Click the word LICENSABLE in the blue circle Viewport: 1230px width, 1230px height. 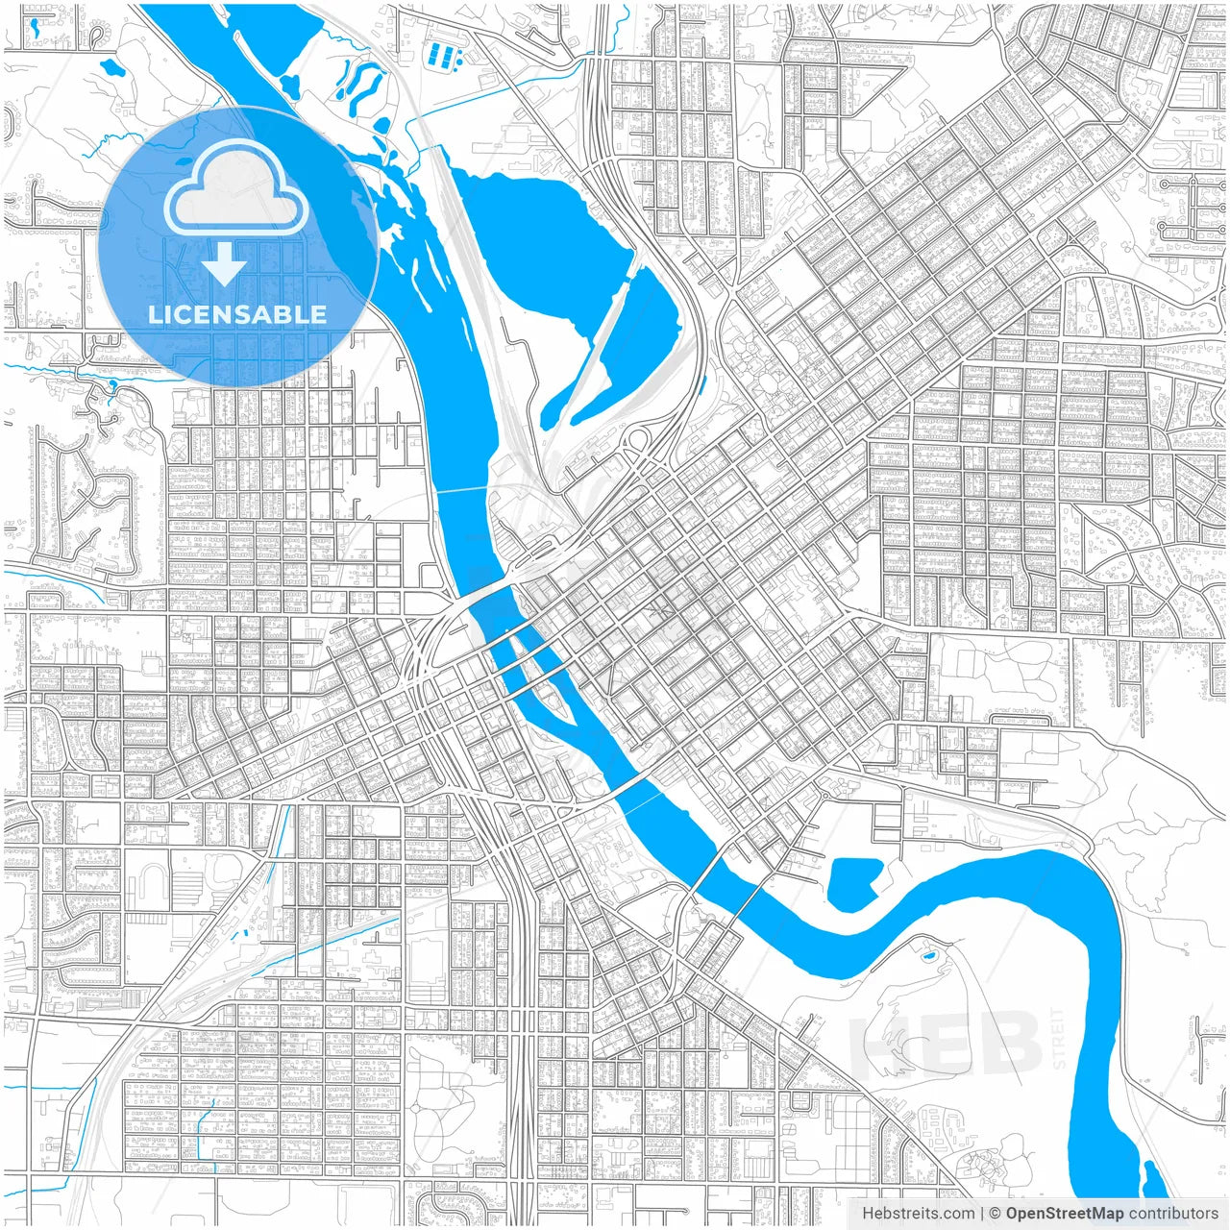[237, 314]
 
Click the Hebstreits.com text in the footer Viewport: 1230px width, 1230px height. [918, 1214]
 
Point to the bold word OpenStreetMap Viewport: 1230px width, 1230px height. [1064, 1214]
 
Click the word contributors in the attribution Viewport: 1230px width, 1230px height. [1173, 1214]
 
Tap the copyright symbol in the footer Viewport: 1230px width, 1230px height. [996, 1214]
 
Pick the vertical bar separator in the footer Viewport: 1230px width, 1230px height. [981, 1214]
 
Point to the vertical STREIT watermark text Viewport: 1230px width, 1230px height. [1059, 1039]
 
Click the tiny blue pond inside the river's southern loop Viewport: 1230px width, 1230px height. [928, 956]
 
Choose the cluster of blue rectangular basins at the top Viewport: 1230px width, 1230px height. [443, 54]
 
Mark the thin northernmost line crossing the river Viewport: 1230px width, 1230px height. [463, 490]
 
